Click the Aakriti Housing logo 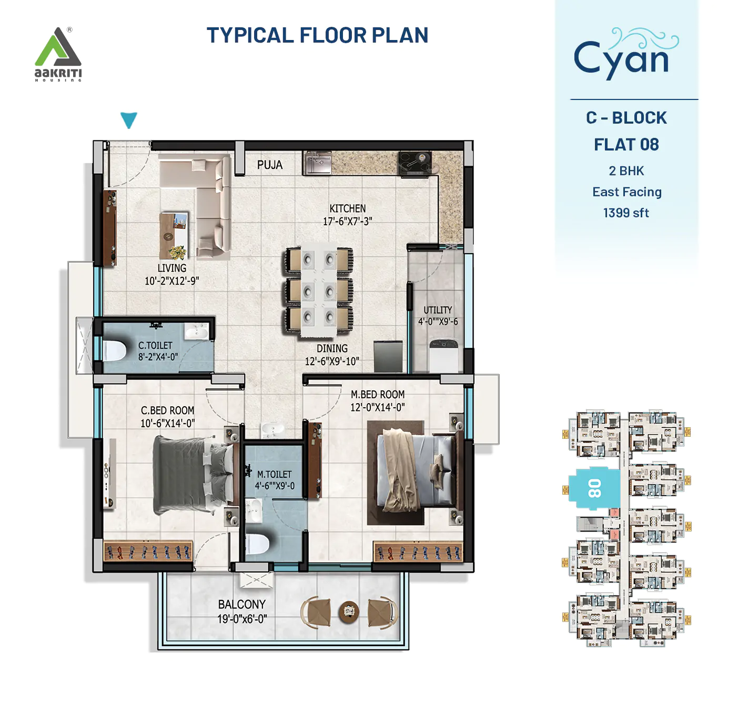pos(58,54)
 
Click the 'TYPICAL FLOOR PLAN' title pos(317,35)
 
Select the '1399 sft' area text pos(626,213)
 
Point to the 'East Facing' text pos(626,192)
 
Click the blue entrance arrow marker pos(129,119)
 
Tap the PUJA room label pos(270,165)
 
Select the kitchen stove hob pos(415,163)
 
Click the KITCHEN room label pos(347,209)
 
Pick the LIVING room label pos(172,268)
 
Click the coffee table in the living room pos(174,235)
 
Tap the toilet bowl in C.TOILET pos(114,350)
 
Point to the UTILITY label pos(438,310)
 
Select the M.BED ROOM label pos(378,394)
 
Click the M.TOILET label pos(274,474)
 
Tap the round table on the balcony pos(348,611)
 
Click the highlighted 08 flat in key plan pos(594,488)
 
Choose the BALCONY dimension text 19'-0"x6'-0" pos(242,619)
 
